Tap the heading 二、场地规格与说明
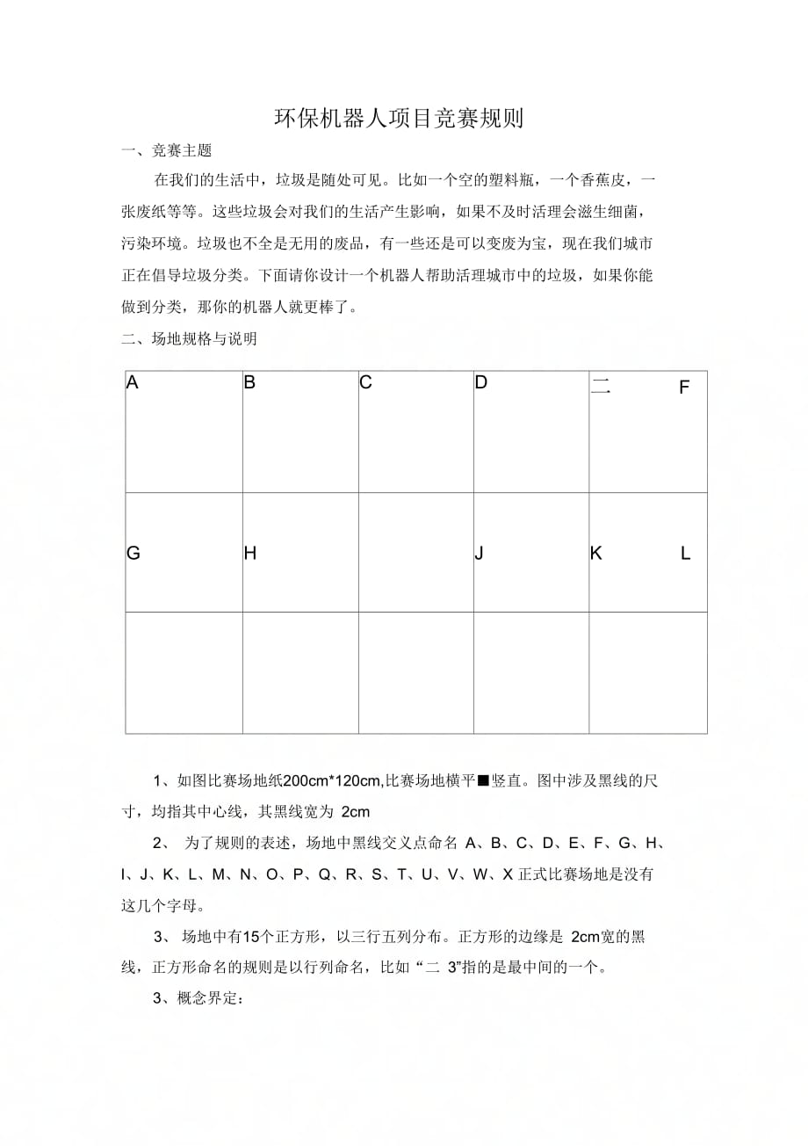click(x=189, y=339)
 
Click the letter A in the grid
click(x=133, y=383)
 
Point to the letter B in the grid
click(x=249, y=383)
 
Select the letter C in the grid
click(x=366, y=383)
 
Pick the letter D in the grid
click(x=481, y=383)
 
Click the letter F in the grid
click(x=684, y=388)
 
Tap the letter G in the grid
click(x=133, y=554)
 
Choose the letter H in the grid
click(x=250, y=554)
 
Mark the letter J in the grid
click(x=480, y=554)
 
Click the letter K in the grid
click(x=596, y=554)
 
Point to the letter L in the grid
click(x=686, y=554)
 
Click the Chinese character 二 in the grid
click(x=601, y=386)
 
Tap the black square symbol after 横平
click(x=482, y=780)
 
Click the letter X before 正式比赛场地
click(x=508, y=875)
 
